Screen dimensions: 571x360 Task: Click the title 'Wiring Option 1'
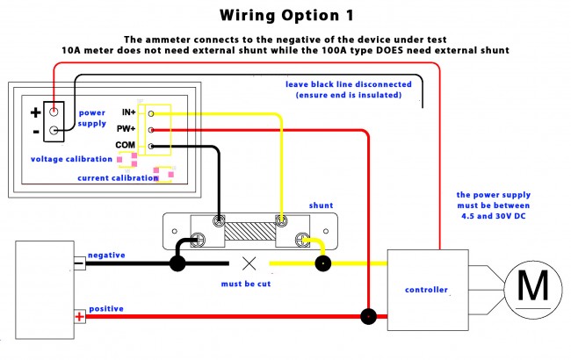tap(286, 15)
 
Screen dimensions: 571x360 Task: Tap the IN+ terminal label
tap(129, 112)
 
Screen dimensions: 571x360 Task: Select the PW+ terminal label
tap(126, 128)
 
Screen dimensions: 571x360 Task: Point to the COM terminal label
tap(126, 145)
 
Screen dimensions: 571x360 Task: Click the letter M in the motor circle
tap(532, 285)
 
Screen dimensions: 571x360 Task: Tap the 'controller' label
tap(426, 290)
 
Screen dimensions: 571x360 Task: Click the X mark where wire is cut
tap(249, 263)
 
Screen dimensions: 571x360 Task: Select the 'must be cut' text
tap(246, 284)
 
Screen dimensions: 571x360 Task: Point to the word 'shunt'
tap(321, 205)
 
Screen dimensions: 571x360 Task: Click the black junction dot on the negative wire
tap(177, 263)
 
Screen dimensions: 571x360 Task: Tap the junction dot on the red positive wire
tap(368, 316)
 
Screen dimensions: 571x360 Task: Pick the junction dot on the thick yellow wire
tap(322, 263)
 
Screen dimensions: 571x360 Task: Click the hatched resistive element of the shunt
tap(249, 232)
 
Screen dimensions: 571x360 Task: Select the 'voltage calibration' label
tap(71, 159)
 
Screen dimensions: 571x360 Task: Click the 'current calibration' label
tap(118, 178)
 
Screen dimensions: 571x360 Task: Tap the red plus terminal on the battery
tap(80, 317)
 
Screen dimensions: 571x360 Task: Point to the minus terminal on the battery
tap(80, 263)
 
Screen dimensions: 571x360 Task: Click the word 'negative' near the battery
tap(106, 256)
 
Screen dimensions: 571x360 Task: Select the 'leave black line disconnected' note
tap(349, 84)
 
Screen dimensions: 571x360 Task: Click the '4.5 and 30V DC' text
tap(494, 216)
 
